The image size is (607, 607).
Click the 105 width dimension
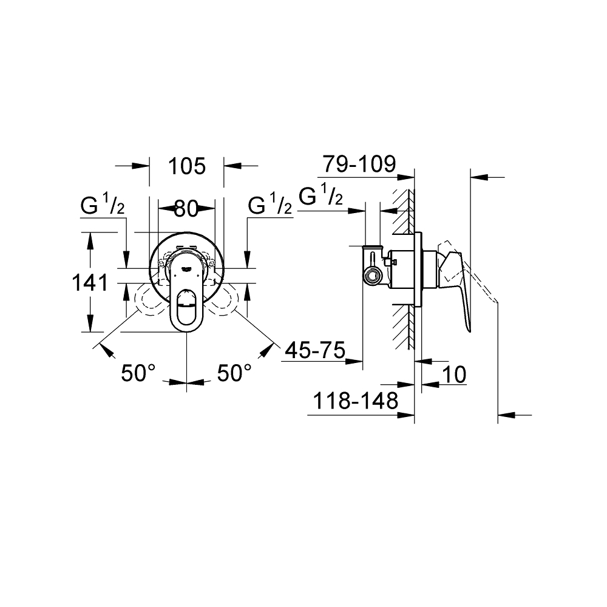186,166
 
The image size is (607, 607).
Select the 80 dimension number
186,209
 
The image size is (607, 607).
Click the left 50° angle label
138,373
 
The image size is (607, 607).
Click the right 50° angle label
234,373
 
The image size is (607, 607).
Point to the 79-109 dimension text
359,164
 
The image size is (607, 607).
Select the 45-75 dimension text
313,350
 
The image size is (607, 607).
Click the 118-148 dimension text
355,401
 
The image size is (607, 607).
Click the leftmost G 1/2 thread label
103,207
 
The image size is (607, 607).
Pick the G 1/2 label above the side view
321,196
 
